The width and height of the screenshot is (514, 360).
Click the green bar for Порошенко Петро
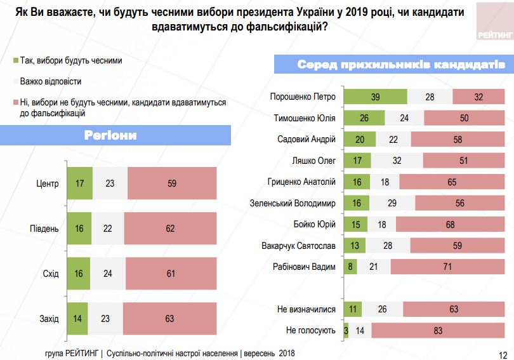[x=375, y=97]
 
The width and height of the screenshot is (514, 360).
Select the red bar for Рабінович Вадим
[x=447, y=267]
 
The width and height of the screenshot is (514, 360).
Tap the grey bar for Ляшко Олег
[x=397, y=161]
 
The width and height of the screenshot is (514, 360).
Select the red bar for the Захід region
[x=169, y=319]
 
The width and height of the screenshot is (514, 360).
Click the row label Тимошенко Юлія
[x=305, y=118]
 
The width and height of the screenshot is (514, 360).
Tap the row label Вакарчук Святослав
[x=298, y=246]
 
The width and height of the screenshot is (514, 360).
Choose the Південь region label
[x=44, y=229]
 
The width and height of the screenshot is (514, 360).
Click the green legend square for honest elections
[x=15, y=62]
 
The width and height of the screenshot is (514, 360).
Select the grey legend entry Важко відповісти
[x=50, y=81]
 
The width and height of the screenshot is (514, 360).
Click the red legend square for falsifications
[x=15, y=102]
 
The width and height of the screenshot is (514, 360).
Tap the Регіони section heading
[x=110, y=135]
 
